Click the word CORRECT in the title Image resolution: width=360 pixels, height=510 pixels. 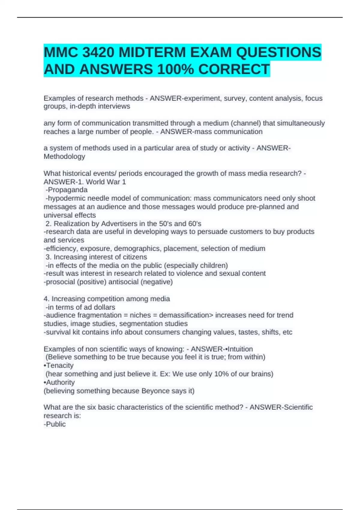234,69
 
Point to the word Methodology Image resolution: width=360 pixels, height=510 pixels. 64,157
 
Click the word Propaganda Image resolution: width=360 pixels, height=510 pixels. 67,190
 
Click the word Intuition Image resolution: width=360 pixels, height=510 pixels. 240,349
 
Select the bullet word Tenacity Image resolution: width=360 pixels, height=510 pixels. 60,366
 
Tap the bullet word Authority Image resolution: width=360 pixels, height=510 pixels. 60,382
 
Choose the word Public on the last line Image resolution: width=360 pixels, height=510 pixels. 56,424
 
